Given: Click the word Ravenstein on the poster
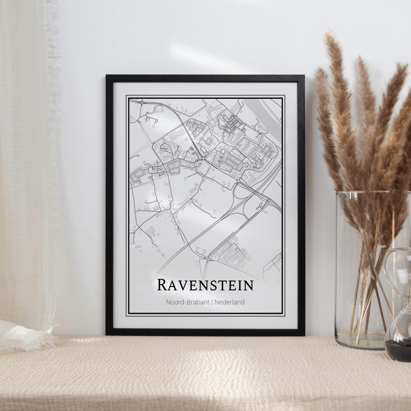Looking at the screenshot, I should tap(205, 285).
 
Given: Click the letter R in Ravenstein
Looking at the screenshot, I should tap(162, 285).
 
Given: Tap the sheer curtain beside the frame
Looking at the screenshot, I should tap(33, 164).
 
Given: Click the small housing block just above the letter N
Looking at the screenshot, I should tap(230, 253).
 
